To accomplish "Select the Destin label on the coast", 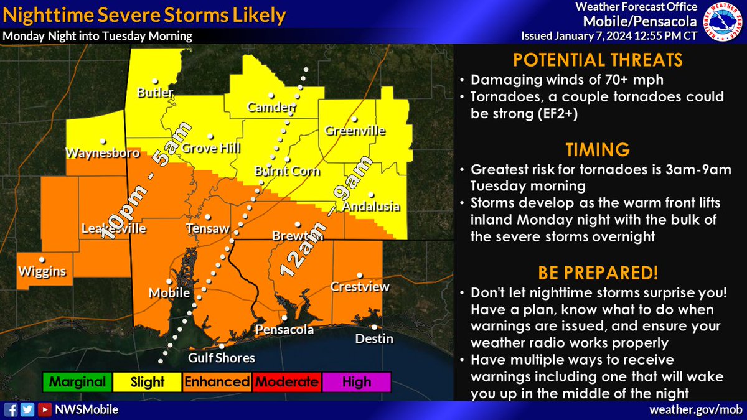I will point(374,339).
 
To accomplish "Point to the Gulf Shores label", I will point(222,358).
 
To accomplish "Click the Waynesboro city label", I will point(99,152).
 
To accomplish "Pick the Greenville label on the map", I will point(355,131).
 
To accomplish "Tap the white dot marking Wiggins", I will point(42,259).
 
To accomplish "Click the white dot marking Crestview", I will point(359,275).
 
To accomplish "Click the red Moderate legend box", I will point(287,382).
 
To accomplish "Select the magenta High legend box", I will point(357,382).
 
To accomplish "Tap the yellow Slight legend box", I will point(147,382).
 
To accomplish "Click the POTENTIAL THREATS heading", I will point(598,60).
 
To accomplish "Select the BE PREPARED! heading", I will point(598,273).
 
